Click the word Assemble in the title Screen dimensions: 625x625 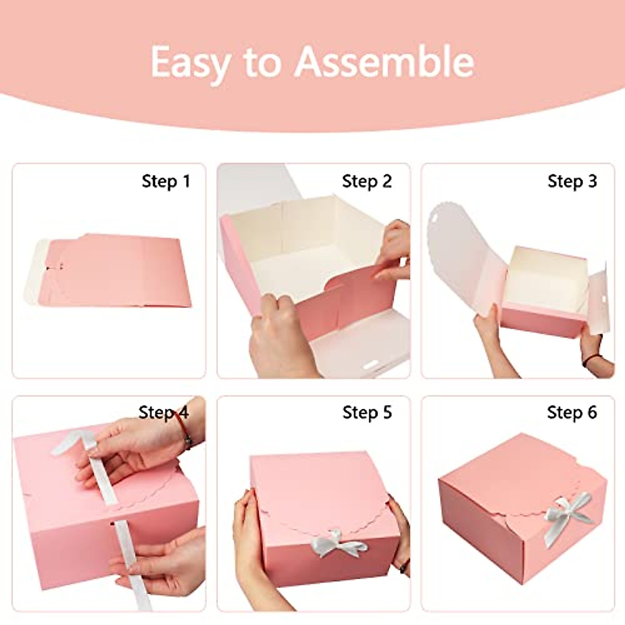[x=384, y=61]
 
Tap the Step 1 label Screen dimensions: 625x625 [x=166, y=181]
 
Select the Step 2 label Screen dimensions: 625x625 [x=367, y=181]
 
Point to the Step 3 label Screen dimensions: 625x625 [x=572, y=181]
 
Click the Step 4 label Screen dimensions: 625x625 [x=164, y=413]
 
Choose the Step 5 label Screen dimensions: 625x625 [x=367, y=413]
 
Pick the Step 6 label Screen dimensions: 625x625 [x=572, y=413]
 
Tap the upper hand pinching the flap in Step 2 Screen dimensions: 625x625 [x=393, y=250]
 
